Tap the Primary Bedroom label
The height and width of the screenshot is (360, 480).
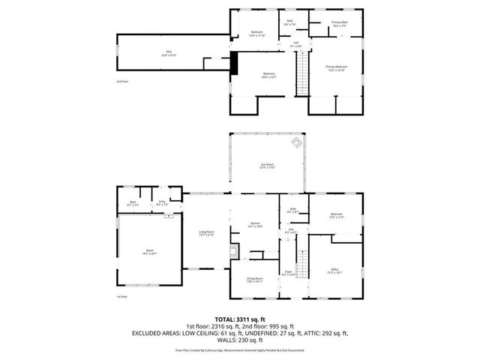335,68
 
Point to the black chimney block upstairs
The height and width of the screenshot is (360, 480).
233,62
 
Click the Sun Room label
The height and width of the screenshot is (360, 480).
267,166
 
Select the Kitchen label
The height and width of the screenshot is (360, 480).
255,224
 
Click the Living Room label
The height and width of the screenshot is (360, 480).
205,234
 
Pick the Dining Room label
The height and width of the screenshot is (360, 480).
255,280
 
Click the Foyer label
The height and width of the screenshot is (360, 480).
288,273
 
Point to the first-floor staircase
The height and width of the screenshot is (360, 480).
303,265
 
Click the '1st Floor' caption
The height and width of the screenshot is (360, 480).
121,297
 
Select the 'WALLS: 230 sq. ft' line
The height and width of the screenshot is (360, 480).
239,339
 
